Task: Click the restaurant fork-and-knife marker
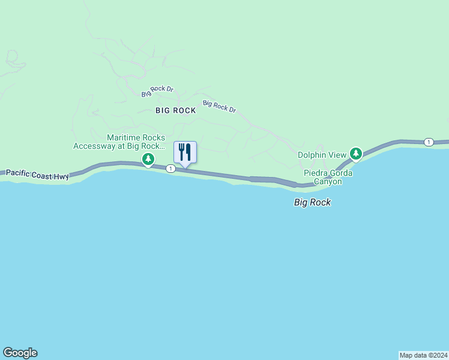coord(185,152)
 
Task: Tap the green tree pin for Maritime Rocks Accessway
coord(148,159)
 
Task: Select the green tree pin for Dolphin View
coord(356,154)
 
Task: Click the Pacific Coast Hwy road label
coord(38,174)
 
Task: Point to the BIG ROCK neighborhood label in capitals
coord(176,110)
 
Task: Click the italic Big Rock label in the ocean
coord(312,202)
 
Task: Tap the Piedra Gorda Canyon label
coord(327,177)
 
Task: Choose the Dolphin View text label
coord(323,155)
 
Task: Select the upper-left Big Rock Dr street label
coord(157,91)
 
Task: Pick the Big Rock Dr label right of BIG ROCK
coord(220,106)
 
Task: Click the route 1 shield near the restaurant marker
coord(171,169)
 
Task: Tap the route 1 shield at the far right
coord(428,142)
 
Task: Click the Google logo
coord(20,353)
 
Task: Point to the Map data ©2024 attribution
coord(423,355)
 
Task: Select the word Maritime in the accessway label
coord(124,137)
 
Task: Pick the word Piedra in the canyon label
coord(315,173)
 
